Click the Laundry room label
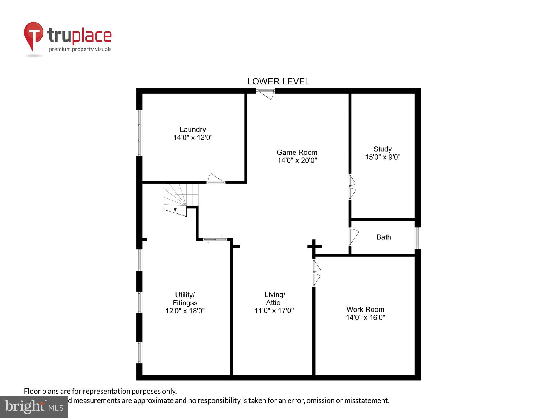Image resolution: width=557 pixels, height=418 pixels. pyautogui.click(x=193, y=130)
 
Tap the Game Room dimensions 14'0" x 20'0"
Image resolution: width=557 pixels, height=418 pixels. pyautogui.click(x=297, y=160)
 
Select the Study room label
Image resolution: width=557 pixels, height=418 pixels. pyautogui.click(x=382, y=149)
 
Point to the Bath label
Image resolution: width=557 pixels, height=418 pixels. pyautogui.click(x=383, y=237)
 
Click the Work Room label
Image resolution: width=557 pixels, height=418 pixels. pyautogui.click(x=365, y=309)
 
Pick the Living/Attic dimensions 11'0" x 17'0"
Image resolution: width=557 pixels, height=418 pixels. pyautogui.click(x=274, y=310)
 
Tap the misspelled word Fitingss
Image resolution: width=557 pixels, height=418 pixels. pyautogui.click(x=185, y=303)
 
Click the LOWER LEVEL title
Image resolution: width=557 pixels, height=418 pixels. pyautogui.click(x=278, y=81)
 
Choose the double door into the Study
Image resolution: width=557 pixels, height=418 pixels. pyautogui.click(x=352, y=186)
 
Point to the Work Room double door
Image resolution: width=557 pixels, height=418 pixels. pyautogui.click(x=316, y=273)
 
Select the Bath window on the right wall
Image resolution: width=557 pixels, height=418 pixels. pyautogui.click(x=417, y=238)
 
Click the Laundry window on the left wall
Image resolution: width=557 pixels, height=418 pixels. pyautogui.click(x=140, y=133)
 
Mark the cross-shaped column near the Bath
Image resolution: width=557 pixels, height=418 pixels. pyautogui.click(x=314, y=246)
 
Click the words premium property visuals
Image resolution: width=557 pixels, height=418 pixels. pyautogui.click(x=80, y=50)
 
